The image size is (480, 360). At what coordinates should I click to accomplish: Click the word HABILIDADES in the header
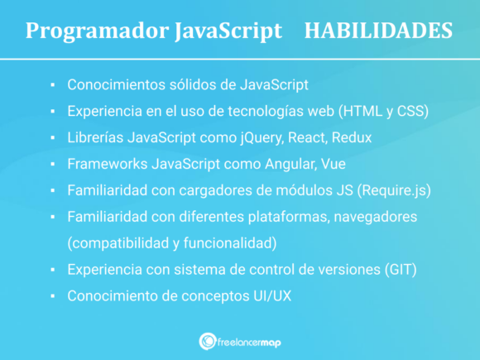tap(378, 31)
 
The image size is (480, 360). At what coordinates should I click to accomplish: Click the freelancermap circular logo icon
tap(208, 341)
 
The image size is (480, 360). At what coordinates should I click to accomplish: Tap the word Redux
tap(353, 137)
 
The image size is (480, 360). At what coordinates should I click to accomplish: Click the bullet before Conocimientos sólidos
tap(52, 85)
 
